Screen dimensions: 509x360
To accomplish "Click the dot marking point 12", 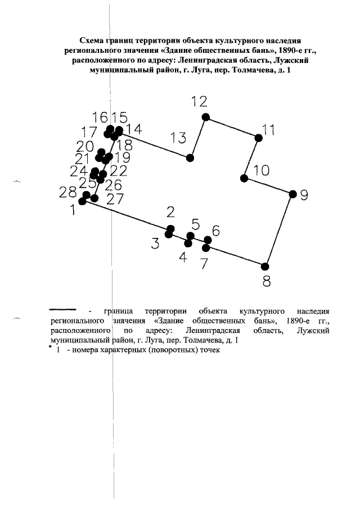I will [x=206, y=117].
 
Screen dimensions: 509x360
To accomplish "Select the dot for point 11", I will [x=259, y=138].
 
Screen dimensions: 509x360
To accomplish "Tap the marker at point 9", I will [x=292, y=194].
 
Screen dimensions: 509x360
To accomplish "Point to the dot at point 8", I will [x=265, y=266].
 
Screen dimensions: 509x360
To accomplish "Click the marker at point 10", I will [x=244, y=178].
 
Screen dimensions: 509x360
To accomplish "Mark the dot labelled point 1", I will [x=82, y=201].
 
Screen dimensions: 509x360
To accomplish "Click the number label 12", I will [x=199, y=102].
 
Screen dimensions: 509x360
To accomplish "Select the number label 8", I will [x=267, y=281].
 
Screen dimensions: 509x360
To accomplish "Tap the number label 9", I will [x=304, y=195].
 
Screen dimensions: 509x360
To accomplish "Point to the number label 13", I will [x=178, y=138].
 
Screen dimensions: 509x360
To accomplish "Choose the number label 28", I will [x=67, y=193].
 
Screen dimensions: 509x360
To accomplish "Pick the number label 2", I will [x=170, y=212].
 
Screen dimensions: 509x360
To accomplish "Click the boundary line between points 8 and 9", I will [x=279, y=230].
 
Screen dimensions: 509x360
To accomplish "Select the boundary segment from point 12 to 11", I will [x=232, y=128].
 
